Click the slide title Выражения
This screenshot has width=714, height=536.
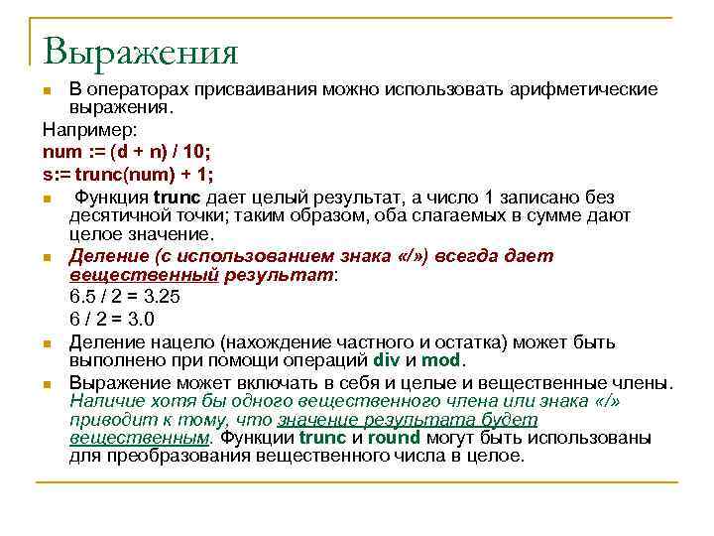[x=141, y=51]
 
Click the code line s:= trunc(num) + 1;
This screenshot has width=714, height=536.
[x=127, y=175]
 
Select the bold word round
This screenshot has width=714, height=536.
[x=396, y=437]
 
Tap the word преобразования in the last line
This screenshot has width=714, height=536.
[x=174, y=456]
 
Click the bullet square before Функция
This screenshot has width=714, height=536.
[x=48, y=198]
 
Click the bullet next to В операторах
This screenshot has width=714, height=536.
[x=48, y=91]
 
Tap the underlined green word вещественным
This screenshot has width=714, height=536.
[x=139, y=437]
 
